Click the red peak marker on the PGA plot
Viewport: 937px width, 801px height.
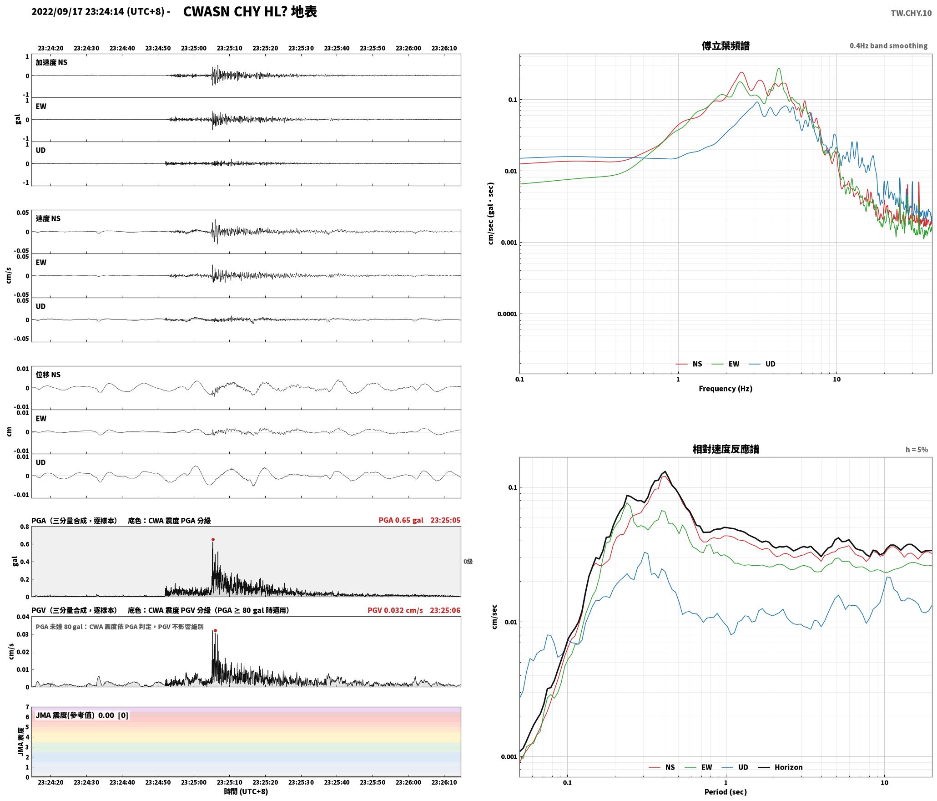213,540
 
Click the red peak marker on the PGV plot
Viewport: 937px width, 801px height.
215,631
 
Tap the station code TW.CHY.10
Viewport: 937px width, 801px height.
911,13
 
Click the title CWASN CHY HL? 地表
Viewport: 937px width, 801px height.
250,12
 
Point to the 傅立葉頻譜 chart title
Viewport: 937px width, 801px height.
725,46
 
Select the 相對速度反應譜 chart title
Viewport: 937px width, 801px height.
725,449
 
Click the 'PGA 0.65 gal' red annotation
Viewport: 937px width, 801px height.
401,520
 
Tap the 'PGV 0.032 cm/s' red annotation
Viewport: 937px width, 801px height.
395,610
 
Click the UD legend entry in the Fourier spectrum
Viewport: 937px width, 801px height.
770,364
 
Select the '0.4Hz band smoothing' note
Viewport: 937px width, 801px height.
888,46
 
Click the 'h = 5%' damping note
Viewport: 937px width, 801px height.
917,450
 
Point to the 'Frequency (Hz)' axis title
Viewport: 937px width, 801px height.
725,389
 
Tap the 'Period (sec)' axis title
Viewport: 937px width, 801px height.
725,792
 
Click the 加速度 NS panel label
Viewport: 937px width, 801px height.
51,62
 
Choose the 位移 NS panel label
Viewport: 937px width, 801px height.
48,375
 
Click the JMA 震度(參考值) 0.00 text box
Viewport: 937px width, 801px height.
82,715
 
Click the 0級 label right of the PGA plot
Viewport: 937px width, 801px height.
468,562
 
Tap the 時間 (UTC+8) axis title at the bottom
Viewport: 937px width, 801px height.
246,792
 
